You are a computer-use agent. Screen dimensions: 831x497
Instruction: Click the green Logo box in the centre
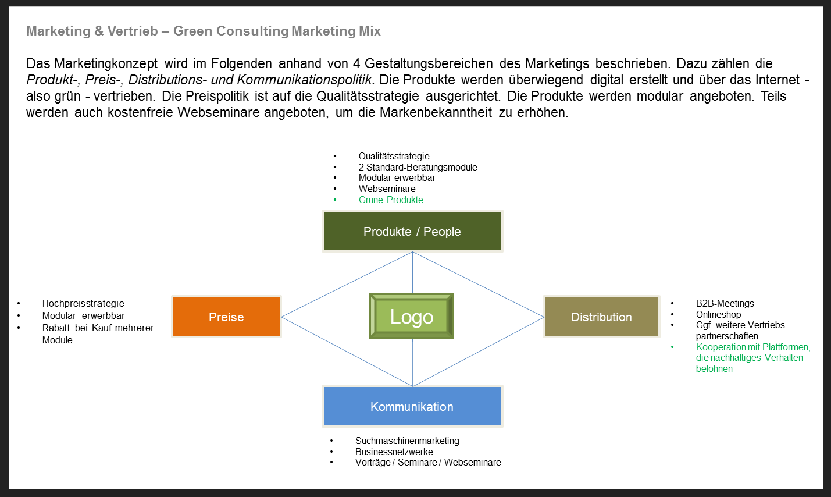(x=411, y=316)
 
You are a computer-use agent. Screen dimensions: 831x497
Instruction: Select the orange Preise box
(x=226, y=317)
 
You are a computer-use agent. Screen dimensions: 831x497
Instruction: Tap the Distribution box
(x=601, y=317)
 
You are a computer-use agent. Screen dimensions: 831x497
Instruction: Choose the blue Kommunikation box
(x=412, y=406)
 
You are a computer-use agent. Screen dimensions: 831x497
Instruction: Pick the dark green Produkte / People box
(x=412, y=231)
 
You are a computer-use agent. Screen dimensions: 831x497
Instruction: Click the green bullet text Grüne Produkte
(x=391, y=200)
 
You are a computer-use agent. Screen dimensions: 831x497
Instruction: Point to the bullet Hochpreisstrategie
(x=83, y=304)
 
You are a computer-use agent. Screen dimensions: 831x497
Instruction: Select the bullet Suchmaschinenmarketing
(x=407, y=441)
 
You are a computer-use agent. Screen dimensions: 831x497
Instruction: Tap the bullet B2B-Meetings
(x=725, y=304)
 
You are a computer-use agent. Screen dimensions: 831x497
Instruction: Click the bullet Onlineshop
(x=718, y=314)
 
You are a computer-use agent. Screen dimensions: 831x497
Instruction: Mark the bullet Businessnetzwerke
(x=394, y=452)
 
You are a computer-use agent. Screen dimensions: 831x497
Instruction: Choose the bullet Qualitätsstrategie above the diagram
(x=394, y=157)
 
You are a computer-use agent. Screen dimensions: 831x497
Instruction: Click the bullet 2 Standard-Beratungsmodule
(x=418, y=167)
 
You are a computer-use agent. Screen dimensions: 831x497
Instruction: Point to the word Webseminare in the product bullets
(x=387, y=189)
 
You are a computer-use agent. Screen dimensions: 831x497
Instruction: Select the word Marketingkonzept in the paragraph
(x=106, y=64)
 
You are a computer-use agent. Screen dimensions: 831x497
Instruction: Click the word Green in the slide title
(x=193, y=31)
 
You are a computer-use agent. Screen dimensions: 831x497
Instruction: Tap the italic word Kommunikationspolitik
(x=304, y=80)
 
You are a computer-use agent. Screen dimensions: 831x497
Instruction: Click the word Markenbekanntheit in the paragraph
(x=436, y=112)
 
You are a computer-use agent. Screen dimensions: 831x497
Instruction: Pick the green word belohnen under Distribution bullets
(x=714, y=368)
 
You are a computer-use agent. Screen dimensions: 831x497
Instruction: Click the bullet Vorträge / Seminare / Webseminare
(x=428, y=462)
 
